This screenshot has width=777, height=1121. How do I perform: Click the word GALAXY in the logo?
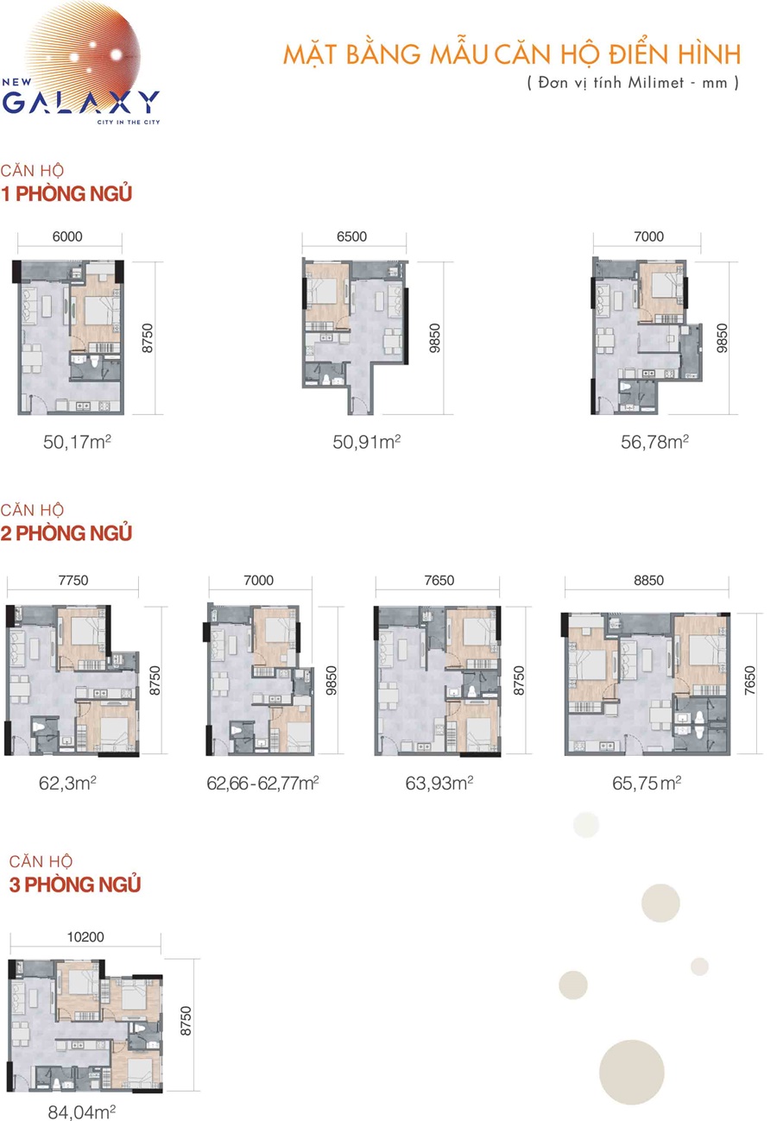coord(81,103)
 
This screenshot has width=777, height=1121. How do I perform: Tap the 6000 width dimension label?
coord(67,236)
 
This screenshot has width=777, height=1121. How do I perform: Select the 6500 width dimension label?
coord(352,236)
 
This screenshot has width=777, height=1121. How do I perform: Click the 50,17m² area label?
coord(77,442)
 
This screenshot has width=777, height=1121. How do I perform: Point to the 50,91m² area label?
coord(366,442)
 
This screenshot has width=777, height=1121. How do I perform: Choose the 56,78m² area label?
coord(655,442)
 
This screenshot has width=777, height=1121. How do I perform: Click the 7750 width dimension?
coord(73,580)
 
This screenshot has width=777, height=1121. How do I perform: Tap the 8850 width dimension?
coord(648,580)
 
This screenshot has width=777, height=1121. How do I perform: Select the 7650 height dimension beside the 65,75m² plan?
coord(749,680)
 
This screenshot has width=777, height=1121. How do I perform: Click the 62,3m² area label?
coord(67,784)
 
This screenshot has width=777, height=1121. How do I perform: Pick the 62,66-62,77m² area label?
coord(262,784)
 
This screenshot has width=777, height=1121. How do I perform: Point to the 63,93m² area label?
coord(439,784)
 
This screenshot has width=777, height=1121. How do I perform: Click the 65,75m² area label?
coord(647,784)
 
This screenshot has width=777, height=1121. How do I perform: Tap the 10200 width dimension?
coord(85,937)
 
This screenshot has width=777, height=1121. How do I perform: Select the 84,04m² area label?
coord(82,1112)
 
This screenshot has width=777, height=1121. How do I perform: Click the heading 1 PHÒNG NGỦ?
coord(66,193)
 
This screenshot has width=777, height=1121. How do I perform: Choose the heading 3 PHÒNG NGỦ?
coord(75,885)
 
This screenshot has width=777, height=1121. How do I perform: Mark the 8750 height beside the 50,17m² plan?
coord(147,338)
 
